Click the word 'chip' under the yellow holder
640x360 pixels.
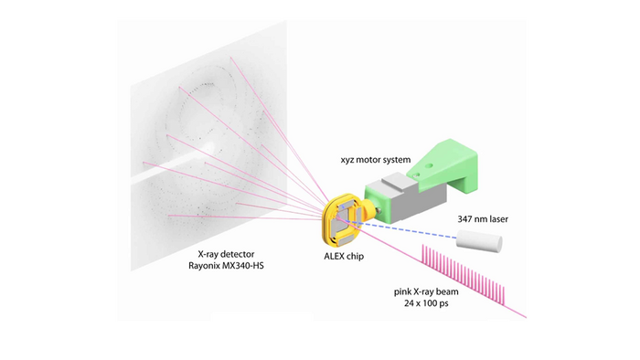point(353,258)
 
